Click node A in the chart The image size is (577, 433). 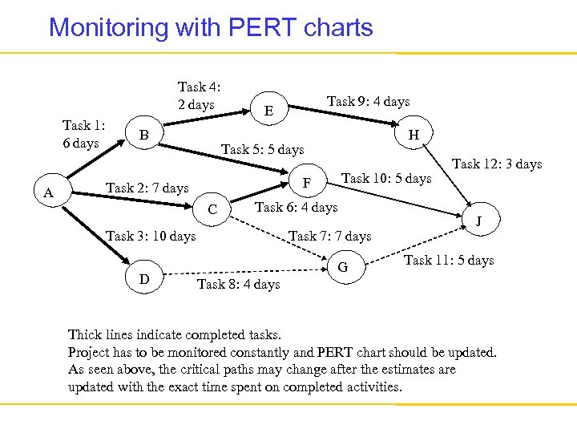(x=49, y=192)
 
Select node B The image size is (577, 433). (x=143, y=134)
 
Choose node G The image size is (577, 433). (x=342, y=266)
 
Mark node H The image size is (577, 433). (x=414, y=135)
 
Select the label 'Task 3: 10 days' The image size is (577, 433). (x=151, y=236)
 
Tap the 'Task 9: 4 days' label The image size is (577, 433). (x=368, y=101)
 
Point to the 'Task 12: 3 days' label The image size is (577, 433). (x=497, y=164)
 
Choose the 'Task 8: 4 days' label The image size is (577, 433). (x=238, y=284)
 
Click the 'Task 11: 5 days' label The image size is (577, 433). (x=449, y=260)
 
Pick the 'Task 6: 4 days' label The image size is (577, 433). (x=296, y=208)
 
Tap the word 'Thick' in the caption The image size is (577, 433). (x=85, y=335)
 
